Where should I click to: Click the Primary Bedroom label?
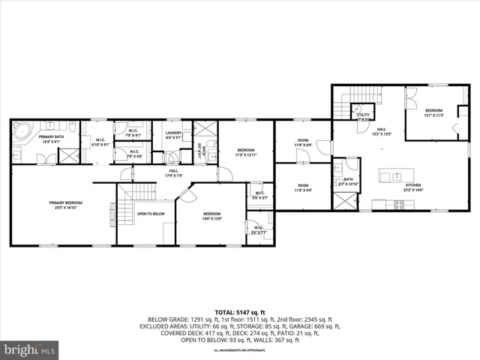click(x=64, y=205)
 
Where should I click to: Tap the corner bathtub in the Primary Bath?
click(x=21, y=134)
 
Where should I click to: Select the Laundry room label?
click(x=173, y=135)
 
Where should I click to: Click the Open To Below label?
click(x=150, y=214)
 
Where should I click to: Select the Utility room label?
click(x=363, y=116)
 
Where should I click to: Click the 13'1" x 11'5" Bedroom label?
click(x=434, y=113)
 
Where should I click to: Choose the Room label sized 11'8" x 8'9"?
click(x=303, y=142)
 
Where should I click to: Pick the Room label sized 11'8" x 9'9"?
click(x=303, y=187)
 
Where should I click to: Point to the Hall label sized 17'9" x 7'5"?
click(x=173, y=173)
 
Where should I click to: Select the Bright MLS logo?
click(x=31, y=349)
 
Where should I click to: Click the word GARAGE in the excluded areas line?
click(x=313, y=326)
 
